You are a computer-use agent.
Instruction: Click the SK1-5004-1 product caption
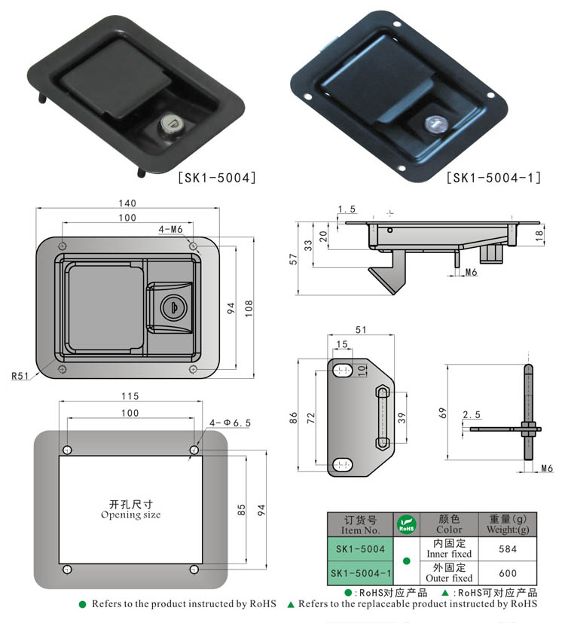pos(493,179)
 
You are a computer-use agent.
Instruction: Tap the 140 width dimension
pos(127,203)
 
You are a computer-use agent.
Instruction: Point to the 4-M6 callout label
pos(171,229)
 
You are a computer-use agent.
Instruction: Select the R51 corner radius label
pos(20,374)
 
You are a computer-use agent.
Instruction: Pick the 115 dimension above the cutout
pos(130,396)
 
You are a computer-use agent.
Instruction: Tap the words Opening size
pos(131,515)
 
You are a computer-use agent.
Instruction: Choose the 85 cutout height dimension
pos(242,509)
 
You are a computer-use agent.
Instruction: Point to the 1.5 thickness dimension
pos(347,209)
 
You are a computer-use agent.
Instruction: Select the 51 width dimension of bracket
pos(360,329)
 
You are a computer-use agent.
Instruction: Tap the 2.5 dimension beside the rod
pos(472,414)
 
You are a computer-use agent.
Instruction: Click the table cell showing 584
pos(508,549)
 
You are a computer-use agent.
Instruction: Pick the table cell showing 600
pos(508,573)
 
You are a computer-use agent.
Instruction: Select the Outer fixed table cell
pos(449,573)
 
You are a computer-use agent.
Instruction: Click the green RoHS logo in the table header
pos(407,524)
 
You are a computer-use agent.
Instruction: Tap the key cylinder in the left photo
pos(172,120)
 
